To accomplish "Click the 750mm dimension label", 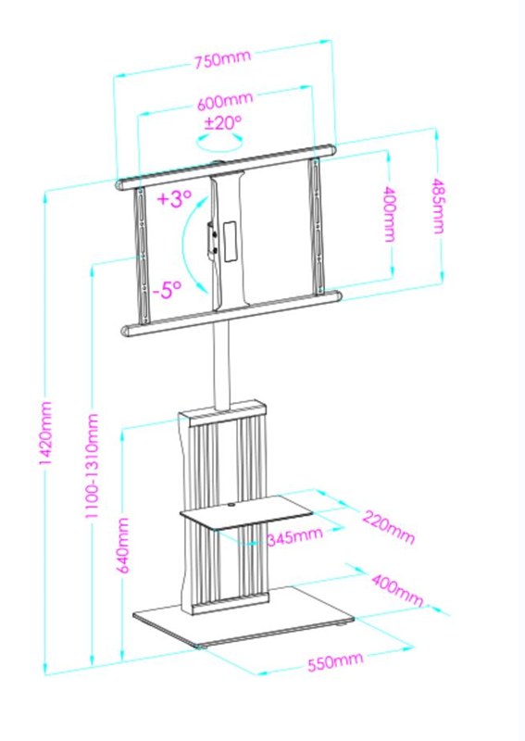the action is pyautogui.click(x=222, y=59).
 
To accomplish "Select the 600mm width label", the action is pyautogui.click(x=225, y=101).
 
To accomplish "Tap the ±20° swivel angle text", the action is pyautogui.click(x=222, y=122).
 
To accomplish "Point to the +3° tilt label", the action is pyautogui.click(x=174, y=198).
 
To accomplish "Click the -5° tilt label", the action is pyautogui.click(x=168, y=289).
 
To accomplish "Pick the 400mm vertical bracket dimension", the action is pyautogui.click(x=390, y=214).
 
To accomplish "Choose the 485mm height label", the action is pyautogui.click(x=438, y=206).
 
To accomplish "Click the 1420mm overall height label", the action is pyautogui.click(x=45, y=433).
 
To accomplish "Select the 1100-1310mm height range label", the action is pyautogui.click(x=92, y=466).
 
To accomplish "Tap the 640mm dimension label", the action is pyautogui.click(x=123, y=545).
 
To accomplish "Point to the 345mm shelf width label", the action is pyautogui.click(x=294, y=536).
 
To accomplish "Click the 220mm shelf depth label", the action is pyautogui.click(x=389, y=527).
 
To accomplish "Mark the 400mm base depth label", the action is pyautogui.click(x=397, y=590).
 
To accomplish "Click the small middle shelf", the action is pyautogui.click(x=245, y=512).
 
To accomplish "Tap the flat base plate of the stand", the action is pyautogui.click(x=244, y=617).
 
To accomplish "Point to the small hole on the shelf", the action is pyautogui.click(x=231, y=507).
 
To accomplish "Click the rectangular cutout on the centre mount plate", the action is pyautogui.click(x=230, y=241).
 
